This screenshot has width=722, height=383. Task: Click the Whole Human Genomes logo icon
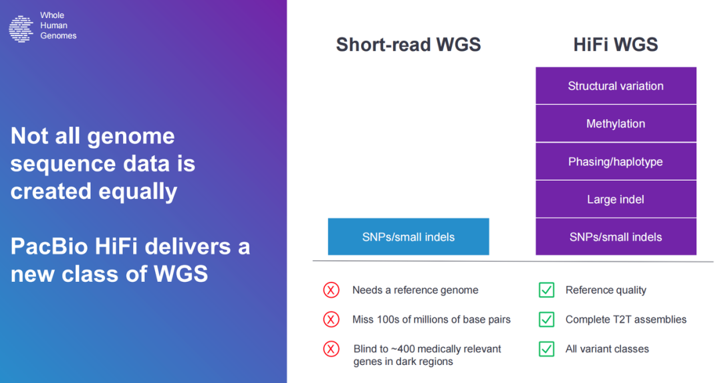pos(21,29)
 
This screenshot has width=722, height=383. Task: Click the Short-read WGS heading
pos(408,45)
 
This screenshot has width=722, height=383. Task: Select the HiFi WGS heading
pos(616,45)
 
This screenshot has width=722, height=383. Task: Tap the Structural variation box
pos(616,86)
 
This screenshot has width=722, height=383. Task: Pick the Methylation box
pos(616,124)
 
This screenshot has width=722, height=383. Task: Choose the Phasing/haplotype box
pos(616,161)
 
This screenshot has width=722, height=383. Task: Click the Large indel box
pos(616,200)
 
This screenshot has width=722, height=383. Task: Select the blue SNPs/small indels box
pos(408,237)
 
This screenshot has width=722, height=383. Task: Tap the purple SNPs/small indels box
pos(616,237)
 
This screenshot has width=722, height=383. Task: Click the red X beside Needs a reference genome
pos(331,290)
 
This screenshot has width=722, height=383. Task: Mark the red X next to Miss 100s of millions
pos(331,319)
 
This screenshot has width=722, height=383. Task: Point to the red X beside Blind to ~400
pos(331,349)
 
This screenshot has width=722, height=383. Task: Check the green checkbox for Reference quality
pos(547,290)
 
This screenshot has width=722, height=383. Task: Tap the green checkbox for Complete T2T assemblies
pos(547,319)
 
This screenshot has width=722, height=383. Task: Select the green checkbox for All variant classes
pos(547,349)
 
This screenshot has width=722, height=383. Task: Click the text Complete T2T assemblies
pos(626,319)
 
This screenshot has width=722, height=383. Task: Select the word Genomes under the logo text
pos(58,36)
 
